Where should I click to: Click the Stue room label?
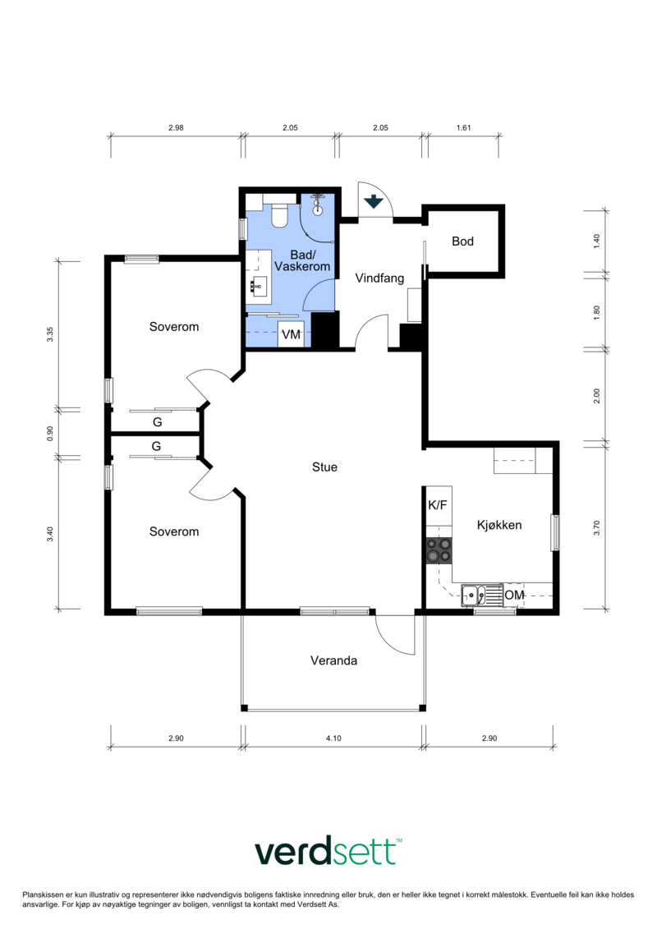[324, 467]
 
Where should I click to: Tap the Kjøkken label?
[499, 525]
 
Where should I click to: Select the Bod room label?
[462, 241]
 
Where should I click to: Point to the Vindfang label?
[379, 278]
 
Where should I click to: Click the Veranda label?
[333, 660]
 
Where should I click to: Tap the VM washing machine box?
[291, 334]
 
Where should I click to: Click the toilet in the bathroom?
[279, 216]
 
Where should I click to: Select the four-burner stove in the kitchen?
[439, 550]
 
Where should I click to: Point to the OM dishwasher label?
[514, 595]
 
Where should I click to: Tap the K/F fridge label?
[438, 505]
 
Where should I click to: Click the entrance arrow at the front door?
[374, 201]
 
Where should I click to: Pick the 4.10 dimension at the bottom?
[333, 738]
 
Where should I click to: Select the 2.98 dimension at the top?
[176, 127]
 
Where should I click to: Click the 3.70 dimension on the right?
[596, 527]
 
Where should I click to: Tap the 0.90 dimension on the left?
[50, 433]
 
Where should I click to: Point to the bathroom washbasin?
[259, 288]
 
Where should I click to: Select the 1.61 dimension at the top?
[464, 127]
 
